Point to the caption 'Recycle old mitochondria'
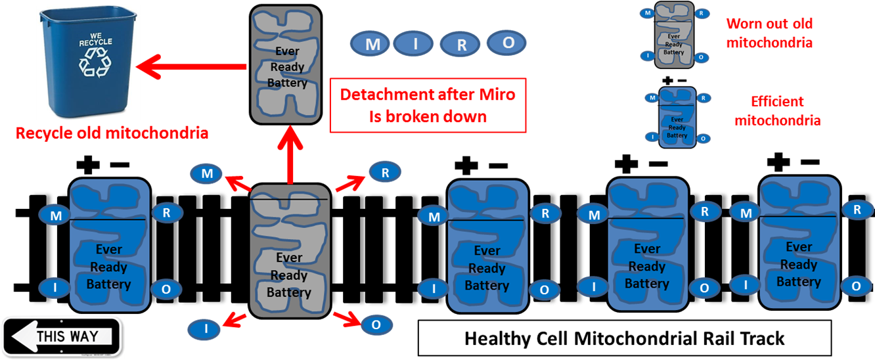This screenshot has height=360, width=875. pos(112,134)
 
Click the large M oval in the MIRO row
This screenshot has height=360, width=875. pos(372,44)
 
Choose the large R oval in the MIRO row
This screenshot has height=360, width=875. pos(462,45)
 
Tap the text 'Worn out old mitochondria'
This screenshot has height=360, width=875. pos(769,33)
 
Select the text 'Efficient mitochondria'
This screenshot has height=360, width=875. pos(777,111)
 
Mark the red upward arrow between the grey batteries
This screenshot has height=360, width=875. pos(289,155)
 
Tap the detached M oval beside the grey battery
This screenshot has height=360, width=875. pos(207,174)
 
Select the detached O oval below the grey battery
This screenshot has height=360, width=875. pos(376,325)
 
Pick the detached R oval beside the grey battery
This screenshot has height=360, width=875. pos(385,173)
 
